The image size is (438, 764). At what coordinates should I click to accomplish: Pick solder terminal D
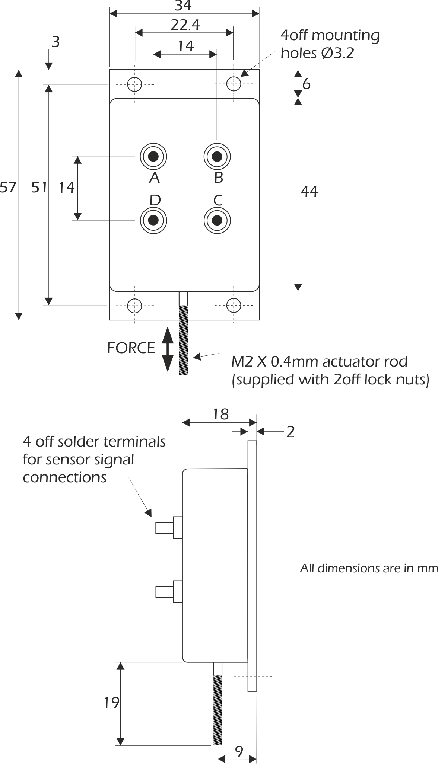click(x=153, y=220)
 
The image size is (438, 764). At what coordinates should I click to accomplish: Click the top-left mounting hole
click(x=134, y=84)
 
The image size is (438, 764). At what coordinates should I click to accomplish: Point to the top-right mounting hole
click(x=234, y=84)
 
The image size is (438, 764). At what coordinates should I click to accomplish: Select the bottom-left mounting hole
click(x=134, y=306)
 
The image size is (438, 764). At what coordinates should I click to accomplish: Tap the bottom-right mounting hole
click(x=234, y=306)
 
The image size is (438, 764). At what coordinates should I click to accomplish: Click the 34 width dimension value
click(x=184, y=6)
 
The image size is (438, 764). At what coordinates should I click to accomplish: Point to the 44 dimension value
click(x=310, y=192)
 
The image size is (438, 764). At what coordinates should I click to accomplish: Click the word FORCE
click(x=131, y=348)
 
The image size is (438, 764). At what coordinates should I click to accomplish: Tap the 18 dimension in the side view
click(x=221, y=414)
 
